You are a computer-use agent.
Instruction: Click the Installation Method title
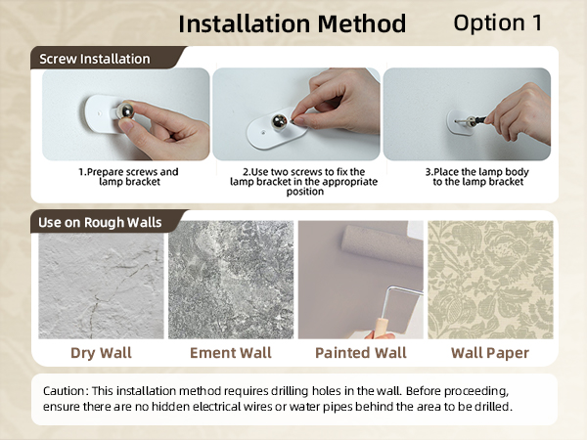(x=292, y=22)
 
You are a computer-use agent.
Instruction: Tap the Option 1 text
(x=498, y=22)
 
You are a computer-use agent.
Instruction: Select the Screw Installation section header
(x=95, y=59)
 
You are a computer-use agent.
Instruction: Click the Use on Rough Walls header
(x=100, y=222)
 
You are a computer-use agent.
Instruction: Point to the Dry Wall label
(x=101, y=352)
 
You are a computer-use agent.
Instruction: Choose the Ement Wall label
(x=231, y=352)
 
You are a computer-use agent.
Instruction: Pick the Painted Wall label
(x=361, y=352)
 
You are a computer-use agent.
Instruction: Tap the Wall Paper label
(x=490, y=352)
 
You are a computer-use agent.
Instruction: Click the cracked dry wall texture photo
(x=101, y=279)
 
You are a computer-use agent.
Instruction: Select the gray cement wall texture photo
(x=231, y=279)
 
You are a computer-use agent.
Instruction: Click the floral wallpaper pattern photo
(x=490, y=279)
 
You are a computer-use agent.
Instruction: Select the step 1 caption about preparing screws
(x=128, y=176)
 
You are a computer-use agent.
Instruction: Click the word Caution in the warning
(x=66, y=391)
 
